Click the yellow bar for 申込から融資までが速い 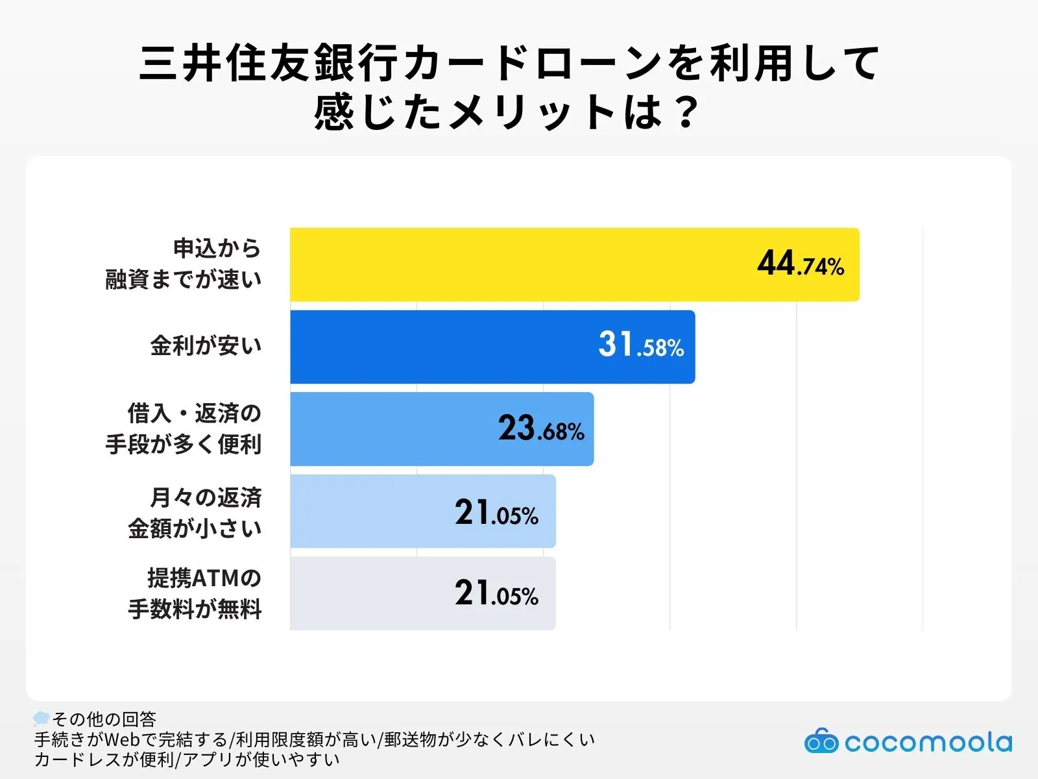(x=519, y=264)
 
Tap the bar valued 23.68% (x=389, y=429)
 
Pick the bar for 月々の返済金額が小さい (x=370, y=512)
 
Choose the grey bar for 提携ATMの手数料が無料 (x=370, y=593)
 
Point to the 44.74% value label (x=801, y=264)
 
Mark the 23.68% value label (x=541, y=428)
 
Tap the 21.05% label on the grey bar (x=496, y=593)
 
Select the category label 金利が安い (x=206, y=345)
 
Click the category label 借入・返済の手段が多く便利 (x=184, y=428)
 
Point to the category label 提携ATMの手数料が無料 (x=195, y=593)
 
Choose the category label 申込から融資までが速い (x=184, y=264)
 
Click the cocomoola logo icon (x=821, y=741)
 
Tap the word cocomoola (x=928, y=742)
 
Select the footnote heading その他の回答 (x=104, y=719)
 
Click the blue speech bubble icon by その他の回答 (x=42, y=718)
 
